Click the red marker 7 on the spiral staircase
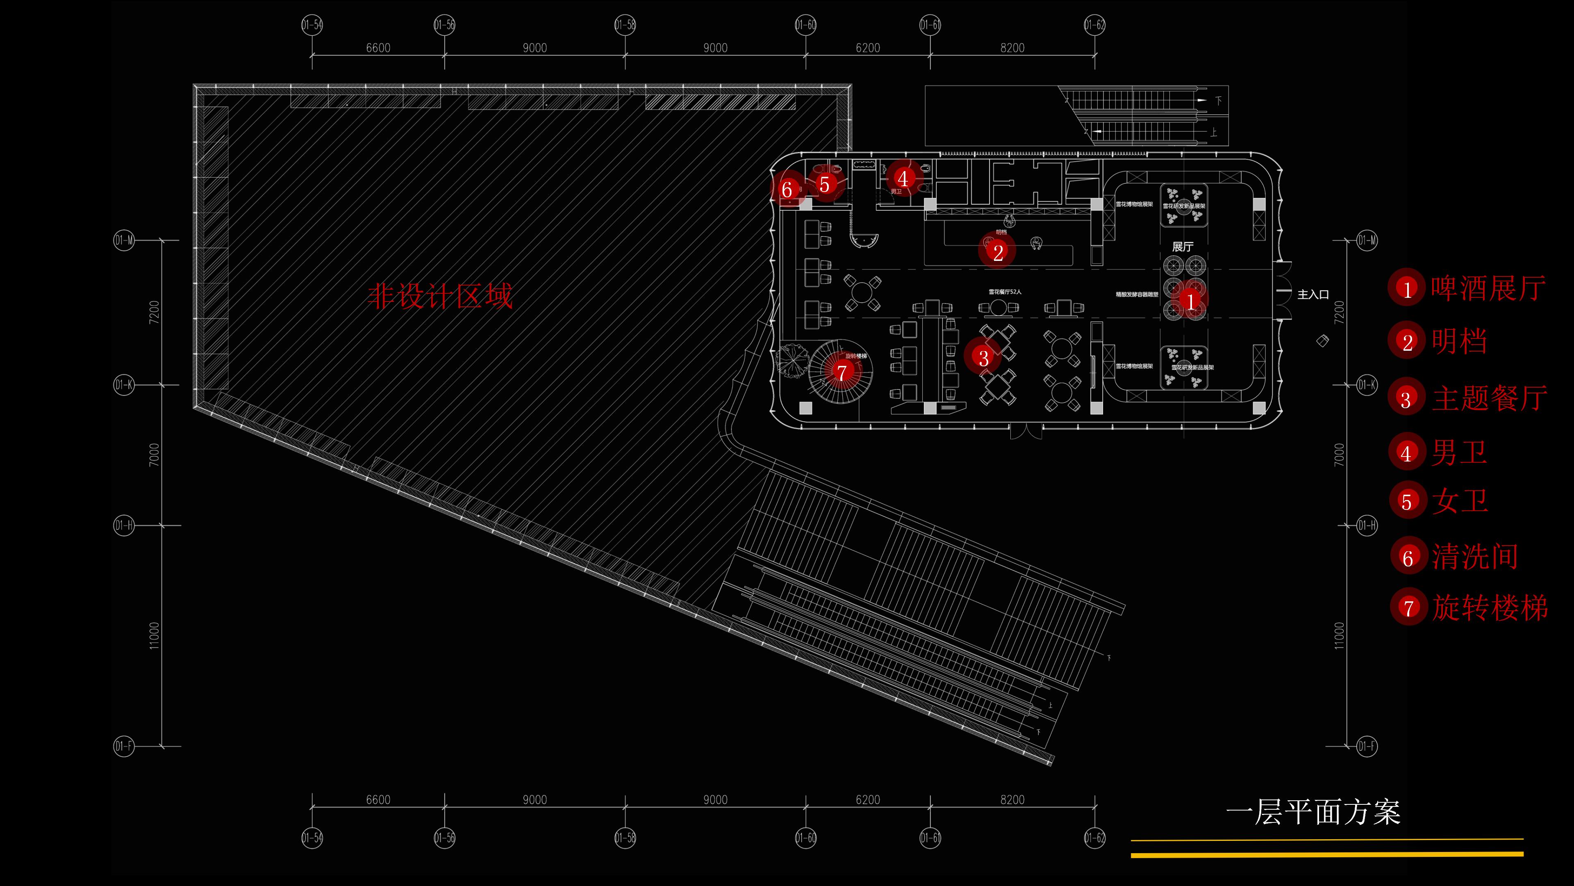(x=842, y=371)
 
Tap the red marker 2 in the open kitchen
(x=998, y=251)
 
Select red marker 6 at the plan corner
(x=787, y=190)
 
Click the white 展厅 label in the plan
(x=1182, y=247)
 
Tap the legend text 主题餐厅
(x=1489, y=399)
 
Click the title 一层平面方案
(x=1313, y=813)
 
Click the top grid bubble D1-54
(x=312, y=25)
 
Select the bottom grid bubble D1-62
(x=1094, y=838)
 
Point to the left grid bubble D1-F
(x=123, y=747)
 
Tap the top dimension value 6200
(x=868, y=48)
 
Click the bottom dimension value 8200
(x=1012, y=800)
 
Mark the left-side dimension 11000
(x=154, y=635)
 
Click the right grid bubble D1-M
(x=1367, y=240)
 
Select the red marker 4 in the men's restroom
(x=903, y=178)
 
